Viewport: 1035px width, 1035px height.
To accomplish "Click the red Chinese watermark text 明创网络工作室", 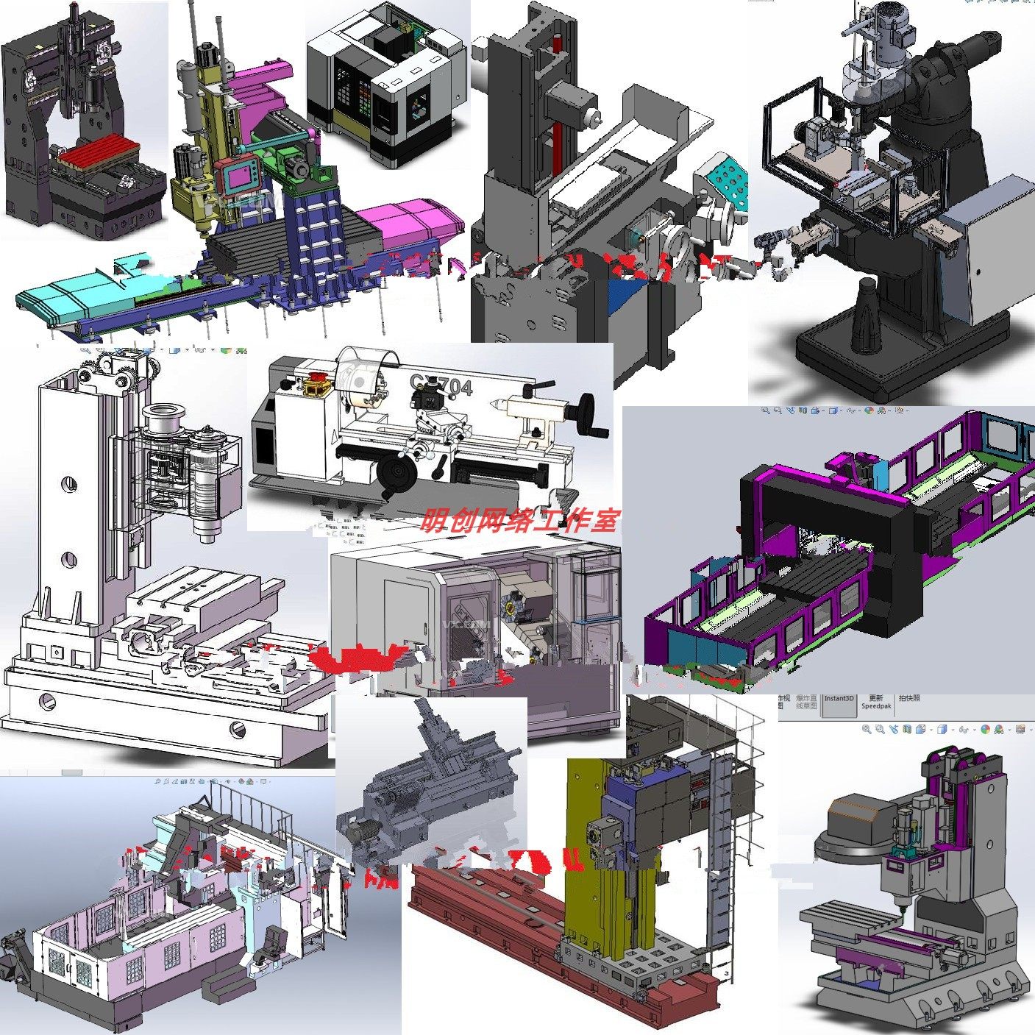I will [x=519, y=521].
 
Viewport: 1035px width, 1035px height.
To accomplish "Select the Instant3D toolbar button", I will [x=839, y=699].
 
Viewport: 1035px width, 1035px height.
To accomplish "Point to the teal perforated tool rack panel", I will [x=725, y=178].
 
